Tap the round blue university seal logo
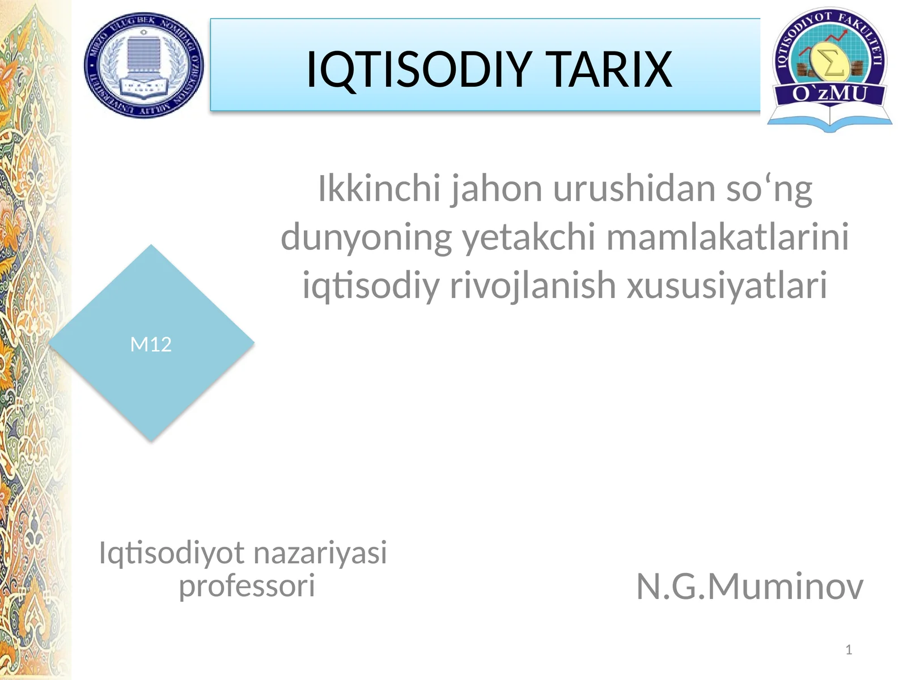[144, 65]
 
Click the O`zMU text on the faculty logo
[829, 92]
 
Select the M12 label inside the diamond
[151, 345]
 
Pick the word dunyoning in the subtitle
[366, 236]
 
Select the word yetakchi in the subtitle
[528, 236]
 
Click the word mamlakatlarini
[728, 236]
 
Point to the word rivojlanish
[532, 285]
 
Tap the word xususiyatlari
[727, 285]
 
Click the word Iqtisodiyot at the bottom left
[172, 552]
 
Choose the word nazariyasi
[320, 552]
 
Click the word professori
[247, 585]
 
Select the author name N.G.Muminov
[749, 586]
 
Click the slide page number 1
[849, 650]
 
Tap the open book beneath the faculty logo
[829, 117]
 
